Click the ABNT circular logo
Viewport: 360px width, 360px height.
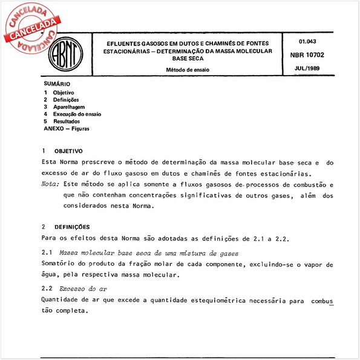pos(64,57)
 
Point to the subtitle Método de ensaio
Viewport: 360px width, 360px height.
pos(188,70)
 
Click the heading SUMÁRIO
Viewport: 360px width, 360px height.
pos(57,83)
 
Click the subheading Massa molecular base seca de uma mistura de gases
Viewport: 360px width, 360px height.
pos(148,253)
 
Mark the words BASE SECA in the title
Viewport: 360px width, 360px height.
pos(188,59)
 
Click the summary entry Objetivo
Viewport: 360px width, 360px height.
pos(64,92)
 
